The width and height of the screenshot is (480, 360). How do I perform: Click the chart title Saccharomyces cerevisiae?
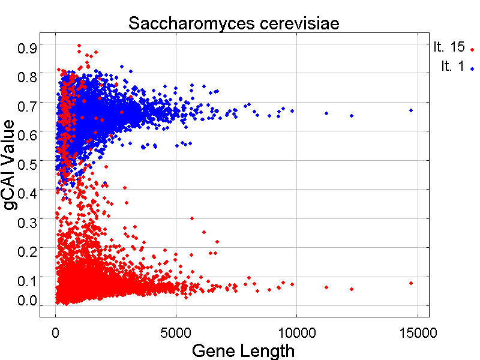point(234,24)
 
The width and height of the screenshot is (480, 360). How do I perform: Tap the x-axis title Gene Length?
point(243,350)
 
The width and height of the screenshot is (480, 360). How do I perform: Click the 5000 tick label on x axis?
point(176,332)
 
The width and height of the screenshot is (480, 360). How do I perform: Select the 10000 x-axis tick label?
point(296,332)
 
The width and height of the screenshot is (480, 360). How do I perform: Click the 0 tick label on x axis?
point(56,332)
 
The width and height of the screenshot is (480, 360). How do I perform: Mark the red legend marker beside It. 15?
point(472,50)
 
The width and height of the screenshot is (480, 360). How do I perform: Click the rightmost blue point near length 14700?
point(411,110)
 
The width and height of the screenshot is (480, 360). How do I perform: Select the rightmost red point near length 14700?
point(411,283)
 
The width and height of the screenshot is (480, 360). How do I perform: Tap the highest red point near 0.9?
point(79,46)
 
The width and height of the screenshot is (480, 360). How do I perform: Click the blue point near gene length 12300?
point(352,116)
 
